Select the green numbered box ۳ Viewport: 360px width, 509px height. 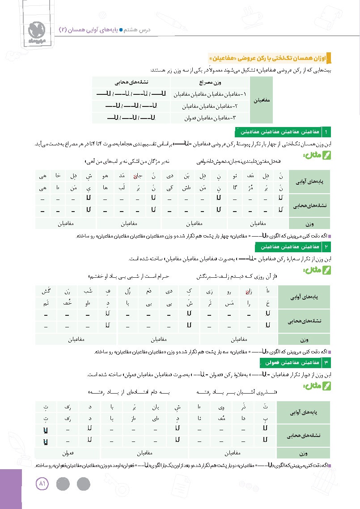[327, 361]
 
